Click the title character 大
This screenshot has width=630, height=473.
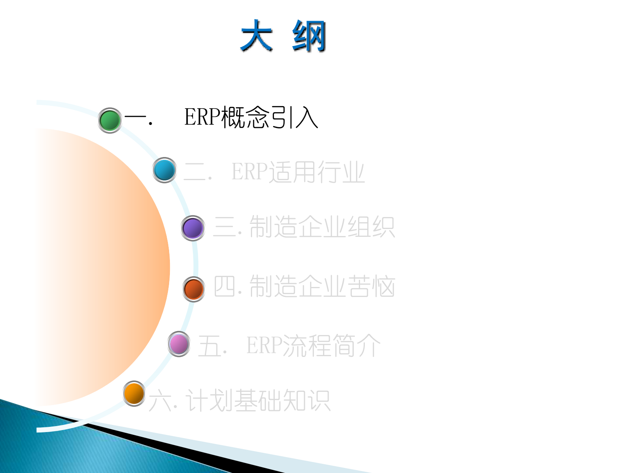click(x=256, y=36)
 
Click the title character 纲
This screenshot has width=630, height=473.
click(x=309, y=36)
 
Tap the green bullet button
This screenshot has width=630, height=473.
click(x=110, y=120)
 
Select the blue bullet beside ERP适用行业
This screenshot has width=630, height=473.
click(x=164, y=170)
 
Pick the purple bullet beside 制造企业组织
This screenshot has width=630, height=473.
click(x=193, y=228)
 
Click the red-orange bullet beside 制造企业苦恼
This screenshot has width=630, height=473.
click(x=193, y=289)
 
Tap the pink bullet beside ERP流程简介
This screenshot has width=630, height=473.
click(x=179, y=344)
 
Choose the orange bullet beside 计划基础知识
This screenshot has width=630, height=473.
click(x=134, y=394)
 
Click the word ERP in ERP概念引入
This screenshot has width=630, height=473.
click(x=202, y=117)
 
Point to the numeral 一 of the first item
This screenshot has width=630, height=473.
click(x=135, y=118)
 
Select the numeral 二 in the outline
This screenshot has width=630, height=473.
click(x=195, y=172)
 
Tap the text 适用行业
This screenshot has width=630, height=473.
click(x=316, y=172)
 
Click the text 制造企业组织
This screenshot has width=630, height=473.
click(x=322, y=227)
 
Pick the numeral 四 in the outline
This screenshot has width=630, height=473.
click(x=224, y=286)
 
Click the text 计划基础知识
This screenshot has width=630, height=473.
click(x=258, y=400)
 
